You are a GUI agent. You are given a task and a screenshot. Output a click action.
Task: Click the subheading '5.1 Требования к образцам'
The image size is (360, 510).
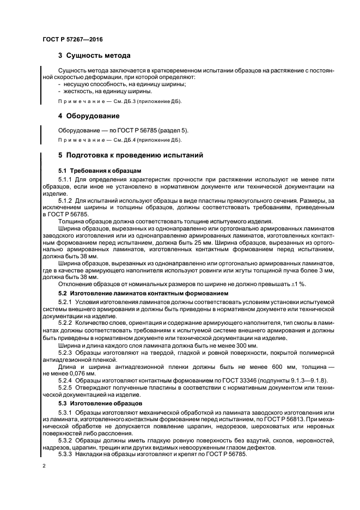pyautogui.click(x=92, y=171)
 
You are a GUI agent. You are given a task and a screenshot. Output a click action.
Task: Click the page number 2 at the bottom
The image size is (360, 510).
pyautogui.click(x=44, y=466)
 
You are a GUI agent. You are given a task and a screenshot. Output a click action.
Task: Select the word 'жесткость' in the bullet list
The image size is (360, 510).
pyautogui.click(x=78, y=91)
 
